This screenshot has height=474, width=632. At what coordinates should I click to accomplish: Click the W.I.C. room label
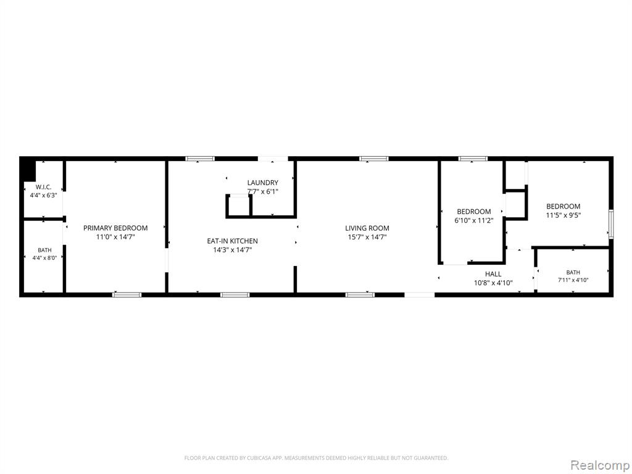(x=44, y=187)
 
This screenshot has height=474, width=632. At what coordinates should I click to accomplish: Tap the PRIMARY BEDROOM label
(x=115, y=228)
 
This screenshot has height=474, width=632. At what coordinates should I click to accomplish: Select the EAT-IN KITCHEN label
(x=232, y=241)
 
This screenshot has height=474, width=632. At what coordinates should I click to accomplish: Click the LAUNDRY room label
(x=263, y=183)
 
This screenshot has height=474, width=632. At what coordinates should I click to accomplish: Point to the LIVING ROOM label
(x=367, y=228)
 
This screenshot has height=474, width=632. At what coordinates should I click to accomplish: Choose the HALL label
(x=493, y=274)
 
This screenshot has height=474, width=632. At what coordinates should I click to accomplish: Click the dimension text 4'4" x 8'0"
(x=44, y=258)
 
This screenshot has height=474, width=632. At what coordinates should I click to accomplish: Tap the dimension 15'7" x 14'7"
(x=367, y=237)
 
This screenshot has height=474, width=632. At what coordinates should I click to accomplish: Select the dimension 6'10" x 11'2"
(x=474, y=220)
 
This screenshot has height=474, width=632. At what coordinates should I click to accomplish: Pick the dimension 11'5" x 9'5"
(x=563, y=215)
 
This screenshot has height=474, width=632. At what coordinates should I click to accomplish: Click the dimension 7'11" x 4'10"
(x=573, y=280)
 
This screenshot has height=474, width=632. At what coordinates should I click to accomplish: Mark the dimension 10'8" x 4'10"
(x=493, y=283)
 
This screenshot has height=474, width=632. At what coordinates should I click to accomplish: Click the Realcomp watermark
(x=599, y=465)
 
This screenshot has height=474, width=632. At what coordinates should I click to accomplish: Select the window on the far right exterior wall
(x=611, y=225)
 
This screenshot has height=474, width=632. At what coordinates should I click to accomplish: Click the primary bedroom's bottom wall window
(x=127, y=294)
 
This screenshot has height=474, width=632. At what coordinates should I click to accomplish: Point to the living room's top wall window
(x=374, y=159)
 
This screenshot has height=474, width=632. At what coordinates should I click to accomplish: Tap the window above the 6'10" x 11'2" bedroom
(x=473, y=159)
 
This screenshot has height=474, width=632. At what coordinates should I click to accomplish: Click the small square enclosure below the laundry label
(x=239, y=206)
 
